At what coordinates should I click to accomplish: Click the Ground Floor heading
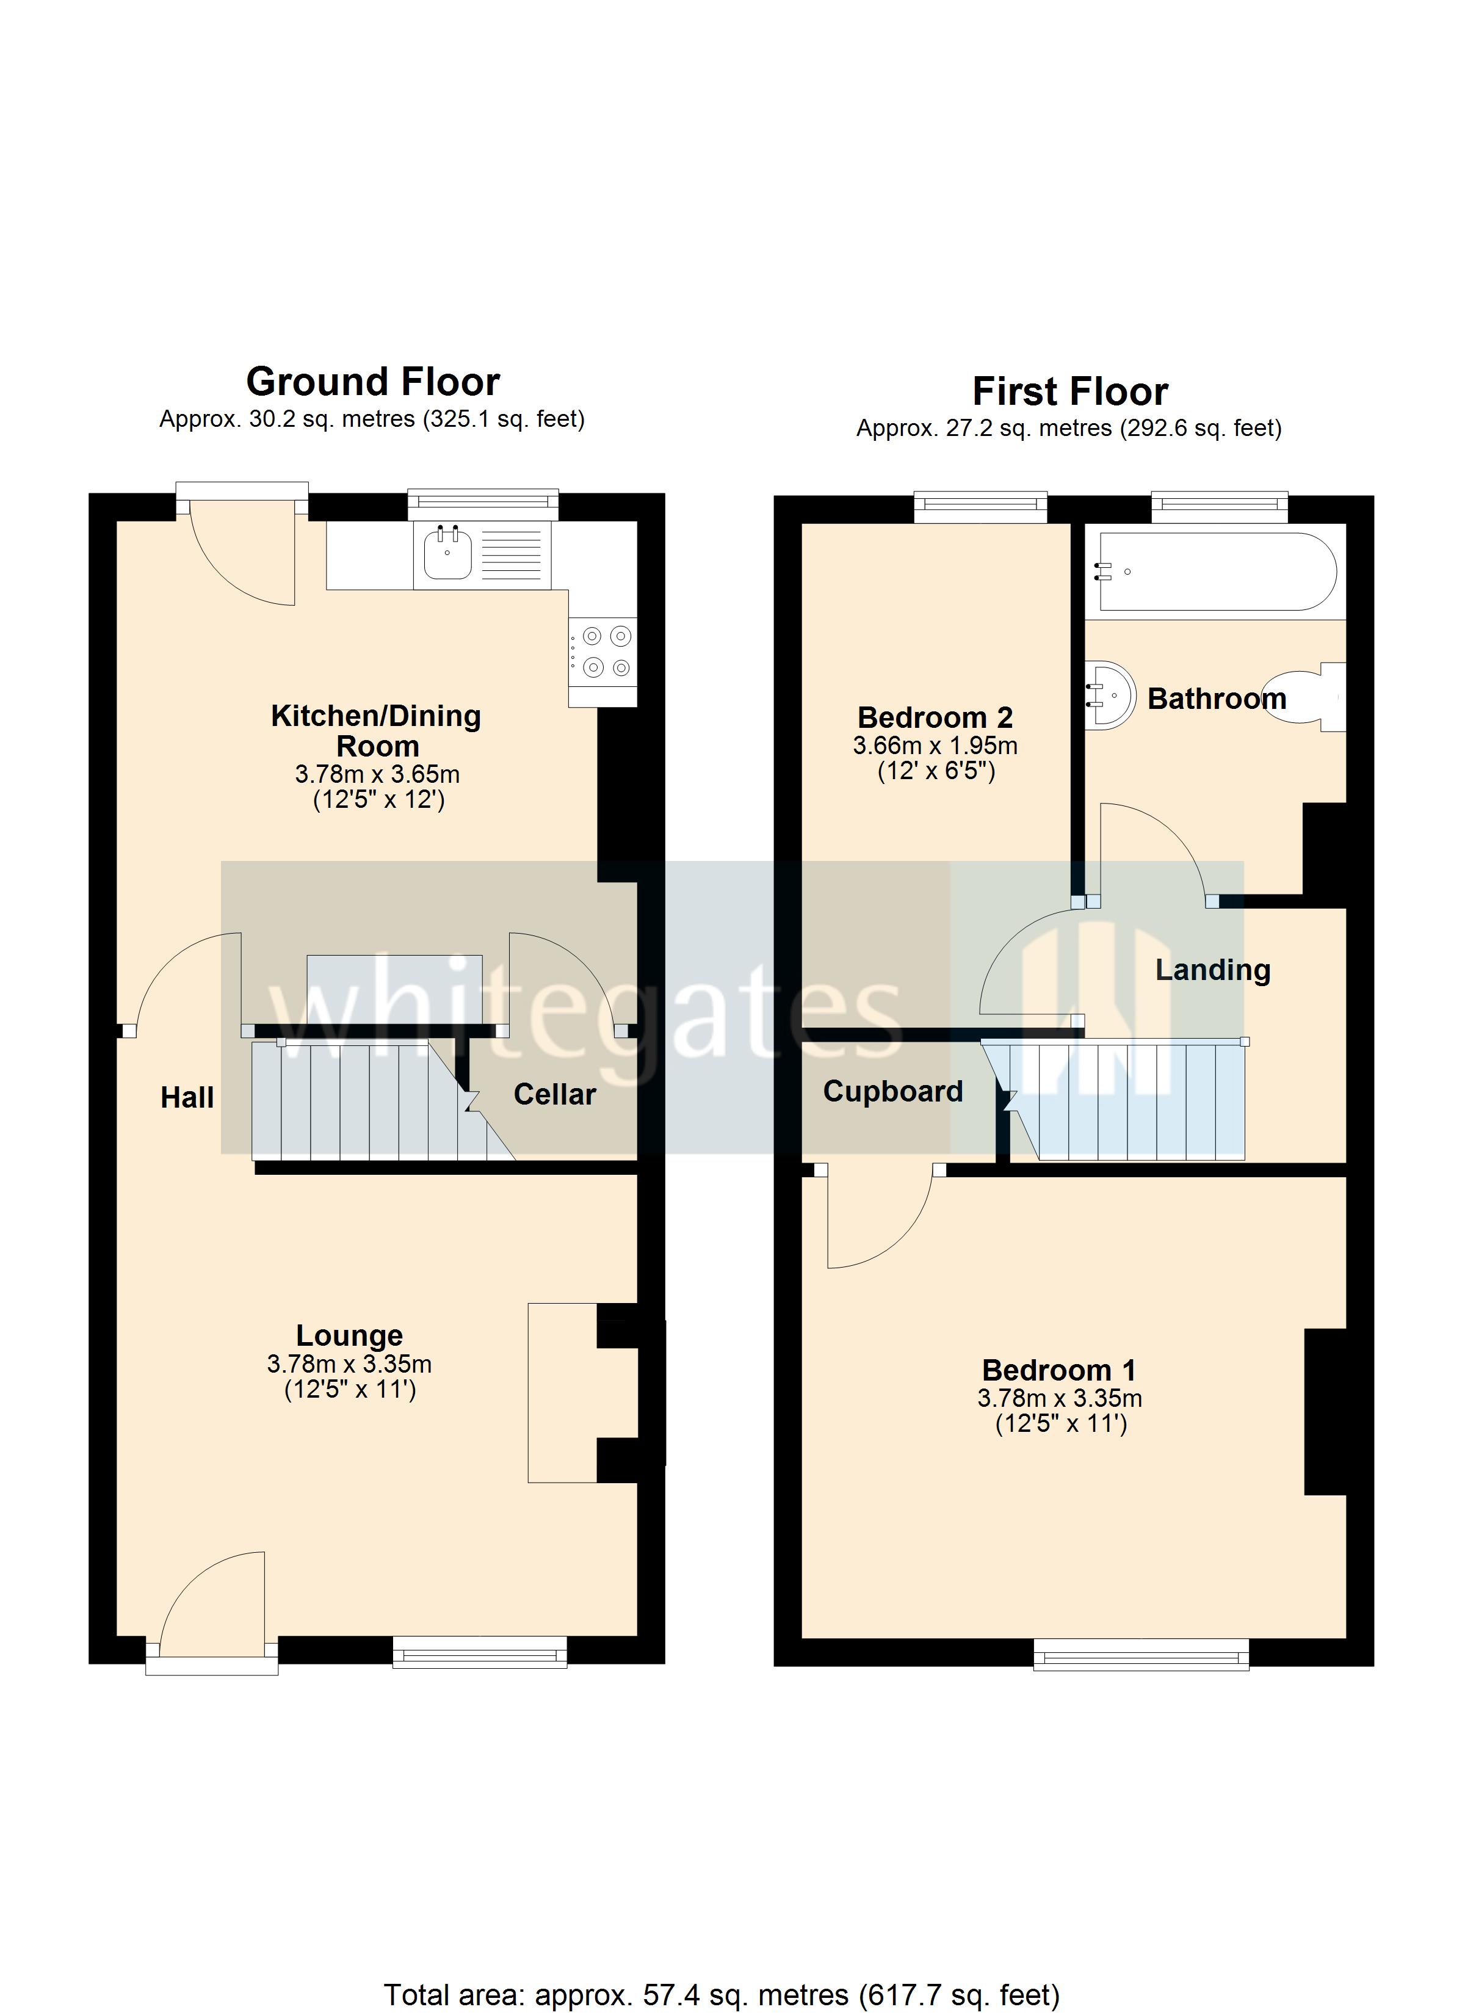tap(372, 382)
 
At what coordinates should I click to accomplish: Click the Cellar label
tap(554, 1095)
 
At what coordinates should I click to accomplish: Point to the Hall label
tap(187, 1098)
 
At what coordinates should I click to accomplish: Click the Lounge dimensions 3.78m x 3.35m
tap(349, 1363)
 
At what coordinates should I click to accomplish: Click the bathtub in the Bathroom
tap(1217, 572)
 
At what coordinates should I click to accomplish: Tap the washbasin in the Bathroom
tap(1110, 695)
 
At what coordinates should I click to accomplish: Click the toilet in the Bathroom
tap(1311, 697)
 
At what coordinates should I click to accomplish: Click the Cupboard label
tap(893, 1091)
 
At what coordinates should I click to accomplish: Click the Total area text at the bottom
tap(722, 1988)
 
